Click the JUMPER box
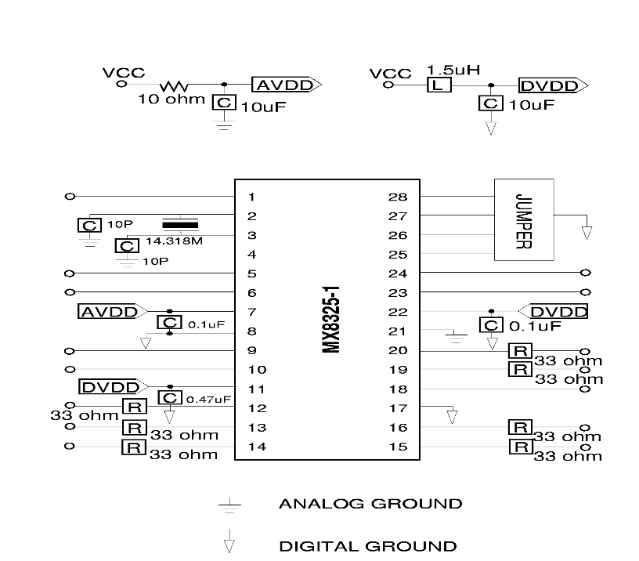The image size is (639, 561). tap(524, 220)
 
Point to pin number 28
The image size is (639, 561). tap(397, 197)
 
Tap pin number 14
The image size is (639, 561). tap(252, 447)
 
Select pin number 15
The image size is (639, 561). tap(397, 447)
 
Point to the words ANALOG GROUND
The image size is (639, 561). tap(370, 504)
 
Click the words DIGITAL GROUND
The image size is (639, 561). tap(367, 546)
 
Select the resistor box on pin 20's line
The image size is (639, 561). tap(519, 351)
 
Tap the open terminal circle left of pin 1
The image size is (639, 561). tap(70, 197)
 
